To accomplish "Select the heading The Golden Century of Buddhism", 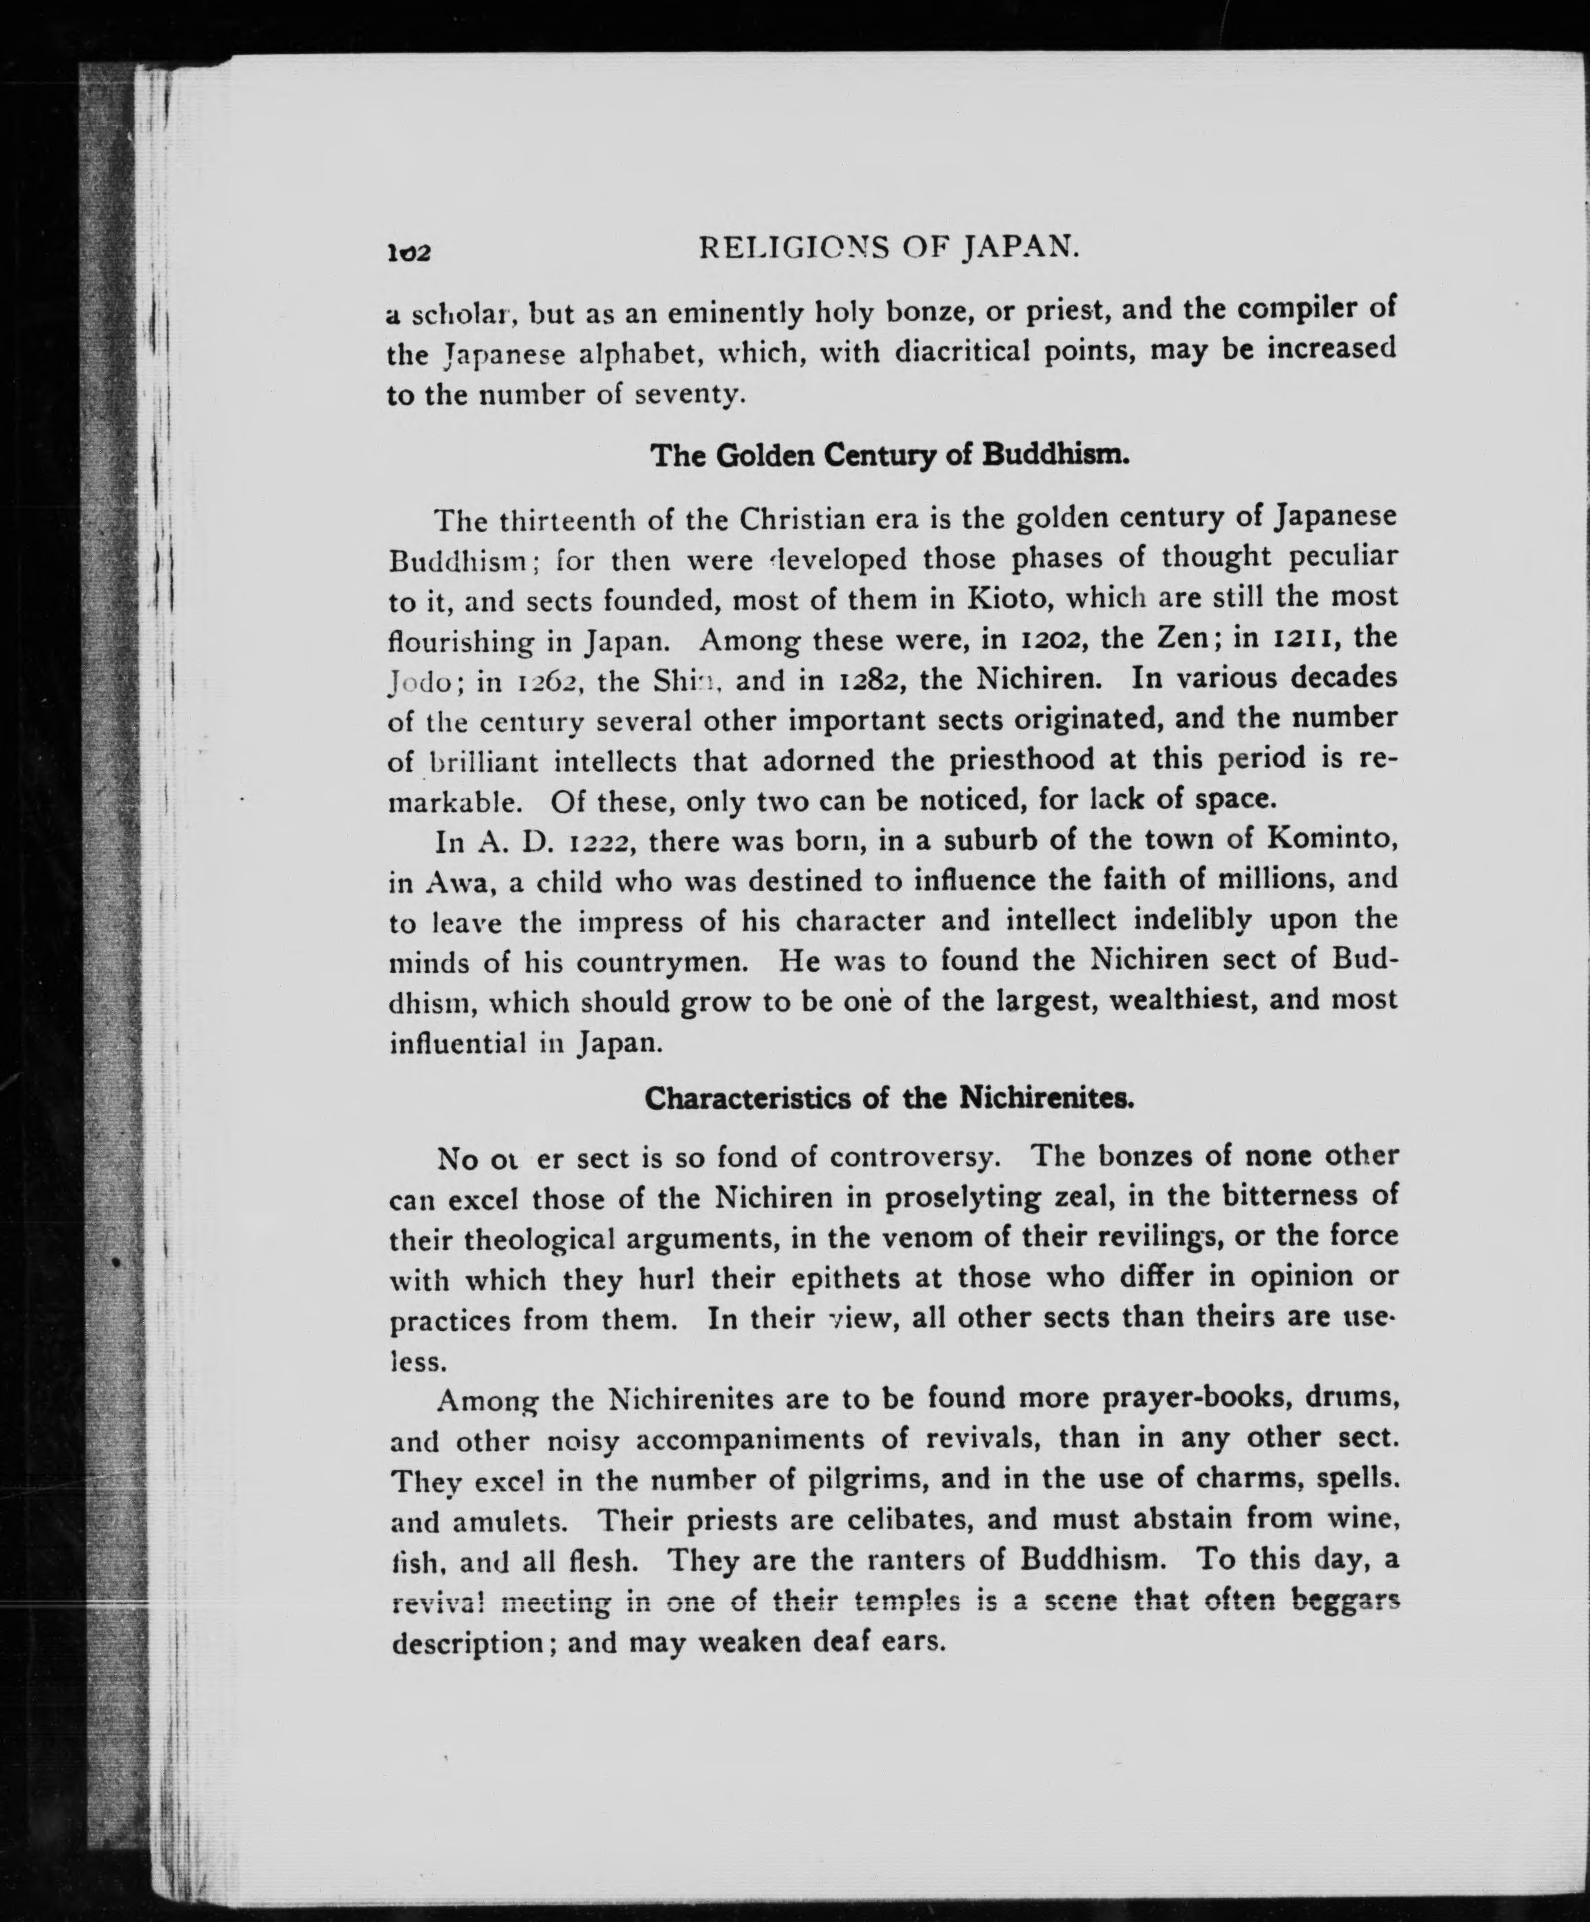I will pyautogui.click(x=889, y=455).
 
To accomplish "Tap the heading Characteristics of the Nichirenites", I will pyautogui.click(x=889, y=1098).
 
